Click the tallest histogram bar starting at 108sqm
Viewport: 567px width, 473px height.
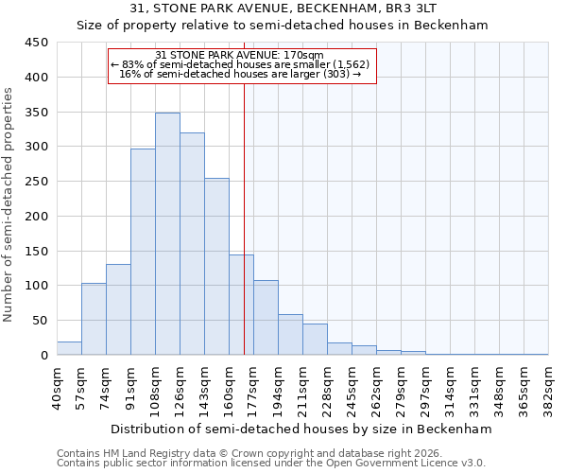pos(167,234)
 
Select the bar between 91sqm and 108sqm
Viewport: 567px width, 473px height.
pos(143,252)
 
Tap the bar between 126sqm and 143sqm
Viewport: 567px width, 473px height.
pos(192,244)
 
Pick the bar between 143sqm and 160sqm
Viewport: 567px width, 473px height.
pos(216,267)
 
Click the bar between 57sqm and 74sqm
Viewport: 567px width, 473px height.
pos(94,319)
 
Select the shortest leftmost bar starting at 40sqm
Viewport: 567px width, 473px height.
pos(69,348)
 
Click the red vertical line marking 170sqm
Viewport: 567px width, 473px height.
pos(244,218)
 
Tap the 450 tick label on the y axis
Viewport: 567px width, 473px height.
pos(36,43)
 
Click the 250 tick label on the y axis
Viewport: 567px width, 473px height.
pos(36,182)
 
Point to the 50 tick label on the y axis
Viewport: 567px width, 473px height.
pos(40,321)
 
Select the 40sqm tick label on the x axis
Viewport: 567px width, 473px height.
pos(57,386)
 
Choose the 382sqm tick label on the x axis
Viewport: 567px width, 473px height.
pos(548,386)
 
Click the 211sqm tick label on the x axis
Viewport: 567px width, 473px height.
pos(302,386)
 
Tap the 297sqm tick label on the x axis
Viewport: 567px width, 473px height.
pos(425,386)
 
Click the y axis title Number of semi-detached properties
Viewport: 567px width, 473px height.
pos(9,204)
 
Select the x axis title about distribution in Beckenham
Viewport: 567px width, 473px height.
pos(301,429)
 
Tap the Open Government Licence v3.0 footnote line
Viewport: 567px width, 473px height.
pos(270,464)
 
